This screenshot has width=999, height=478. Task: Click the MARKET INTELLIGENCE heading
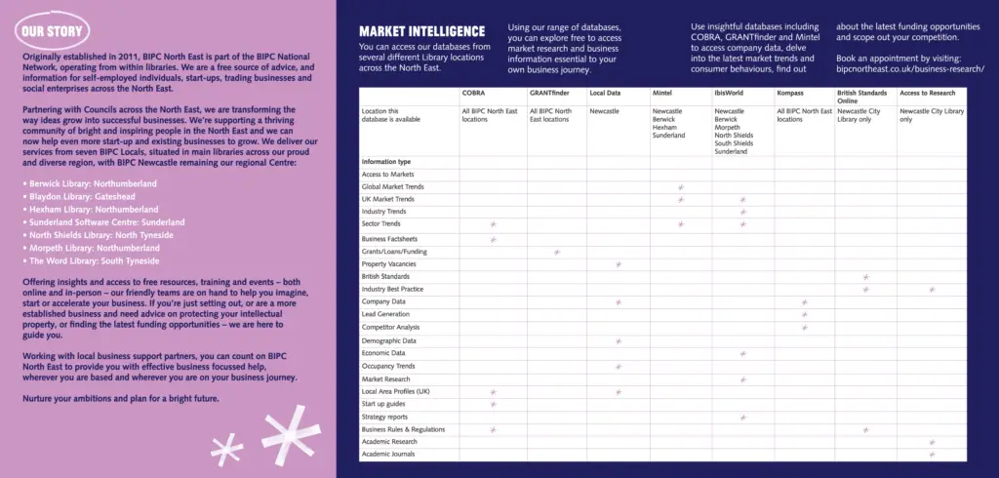tap(421, 32)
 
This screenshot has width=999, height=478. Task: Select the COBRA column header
tap(473, 93)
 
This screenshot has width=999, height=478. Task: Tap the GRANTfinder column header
tap(548, 93)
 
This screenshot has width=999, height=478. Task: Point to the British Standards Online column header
tap(860, 97)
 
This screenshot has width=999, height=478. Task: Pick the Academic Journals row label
tap(388, 455)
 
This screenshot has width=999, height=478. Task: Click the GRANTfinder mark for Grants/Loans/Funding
tap(557, 252)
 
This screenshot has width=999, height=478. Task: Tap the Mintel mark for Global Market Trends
tap(680, 186)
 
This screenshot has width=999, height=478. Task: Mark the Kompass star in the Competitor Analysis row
tap(804, 328)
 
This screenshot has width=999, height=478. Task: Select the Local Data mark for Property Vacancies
tap(618, 264)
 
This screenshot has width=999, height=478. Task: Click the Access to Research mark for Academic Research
tap(932, 442)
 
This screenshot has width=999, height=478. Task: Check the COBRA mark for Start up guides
tap(493, 404)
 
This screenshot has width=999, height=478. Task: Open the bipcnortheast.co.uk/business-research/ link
tap(909, 70)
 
